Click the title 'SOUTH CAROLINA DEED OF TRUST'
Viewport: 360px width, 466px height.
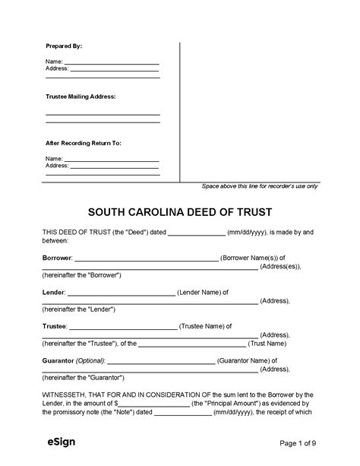tap(179, 210)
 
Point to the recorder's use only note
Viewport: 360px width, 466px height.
tap(259, 186)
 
